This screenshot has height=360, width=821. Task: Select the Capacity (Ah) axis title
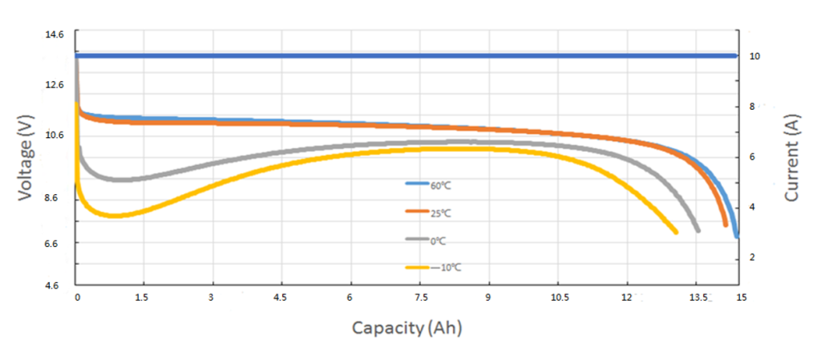tap(406, 328)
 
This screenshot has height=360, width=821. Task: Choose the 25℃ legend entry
tap(439, 212)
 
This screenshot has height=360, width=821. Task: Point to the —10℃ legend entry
tap(442, 267)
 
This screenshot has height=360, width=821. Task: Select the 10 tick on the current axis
tap(754, 56)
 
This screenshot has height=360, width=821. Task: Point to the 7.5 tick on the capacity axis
tap(419, 297)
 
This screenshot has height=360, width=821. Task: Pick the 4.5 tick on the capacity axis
tap(281, 297)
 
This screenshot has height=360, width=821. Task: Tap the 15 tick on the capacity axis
tap(741, 297)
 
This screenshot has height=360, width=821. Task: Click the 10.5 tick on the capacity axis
tap(560, 297)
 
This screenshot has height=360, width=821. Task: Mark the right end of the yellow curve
tap(676, 232)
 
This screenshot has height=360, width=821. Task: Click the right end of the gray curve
tap(698, 229)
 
